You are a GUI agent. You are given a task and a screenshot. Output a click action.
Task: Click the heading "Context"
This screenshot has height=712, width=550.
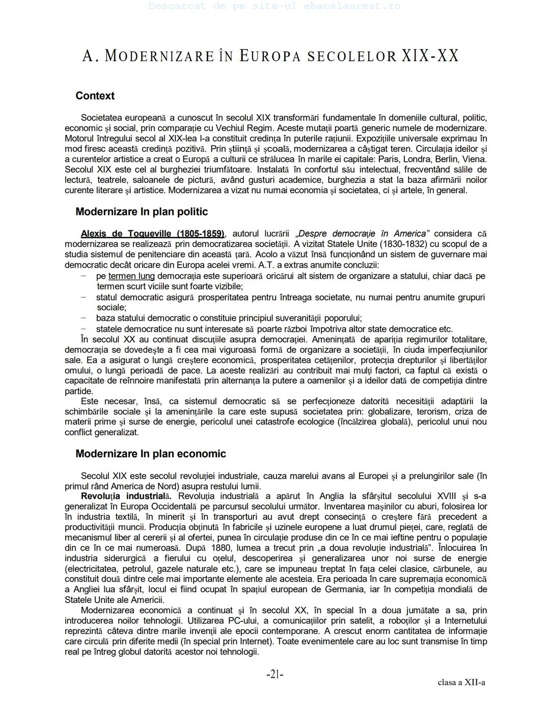point(95,96)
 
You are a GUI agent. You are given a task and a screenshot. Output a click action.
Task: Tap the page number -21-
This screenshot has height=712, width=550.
point(274,675)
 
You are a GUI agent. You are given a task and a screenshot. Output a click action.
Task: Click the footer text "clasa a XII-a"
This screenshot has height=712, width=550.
point(461,682)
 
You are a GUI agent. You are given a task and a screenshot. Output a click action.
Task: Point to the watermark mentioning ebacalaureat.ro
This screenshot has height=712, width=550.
point(274,7)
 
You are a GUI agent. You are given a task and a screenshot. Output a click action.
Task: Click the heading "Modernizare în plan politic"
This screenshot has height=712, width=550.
point(142,212)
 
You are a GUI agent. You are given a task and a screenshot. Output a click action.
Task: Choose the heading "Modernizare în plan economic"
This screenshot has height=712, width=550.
point(150,454)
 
